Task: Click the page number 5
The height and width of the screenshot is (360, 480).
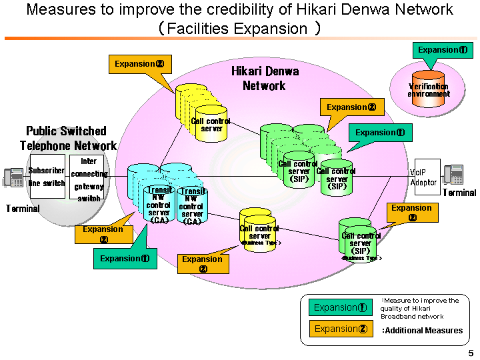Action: click(x=471, y=353)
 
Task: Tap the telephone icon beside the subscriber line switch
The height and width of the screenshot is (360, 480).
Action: click(x=13, y=177)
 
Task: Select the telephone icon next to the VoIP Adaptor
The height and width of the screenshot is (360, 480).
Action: click(x=453, y=175)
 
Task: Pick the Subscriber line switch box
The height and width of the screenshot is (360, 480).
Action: click(x=47, y=176)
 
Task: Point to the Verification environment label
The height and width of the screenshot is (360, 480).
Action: click(x=429, y=90)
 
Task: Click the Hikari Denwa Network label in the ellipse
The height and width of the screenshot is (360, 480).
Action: click(x=265, y=78)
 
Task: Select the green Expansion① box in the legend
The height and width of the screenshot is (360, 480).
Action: click(x=341, y=307)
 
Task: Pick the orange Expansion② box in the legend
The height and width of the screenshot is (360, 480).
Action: click(x=341, y=329)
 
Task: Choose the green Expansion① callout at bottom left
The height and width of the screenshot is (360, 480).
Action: click(x=125, y=259)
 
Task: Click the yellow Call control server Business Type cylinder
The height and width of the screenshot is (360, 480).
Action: click(x=259, y=231)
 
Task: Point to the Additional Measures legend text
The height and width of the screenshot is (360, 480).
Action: click(x=422, y=330)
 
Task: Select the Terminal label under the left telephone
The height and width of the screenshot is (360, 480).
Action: click(x=23, y=209)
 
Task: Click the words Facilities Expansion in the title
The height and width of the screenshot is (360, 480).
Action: click(x=237, y=29)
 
